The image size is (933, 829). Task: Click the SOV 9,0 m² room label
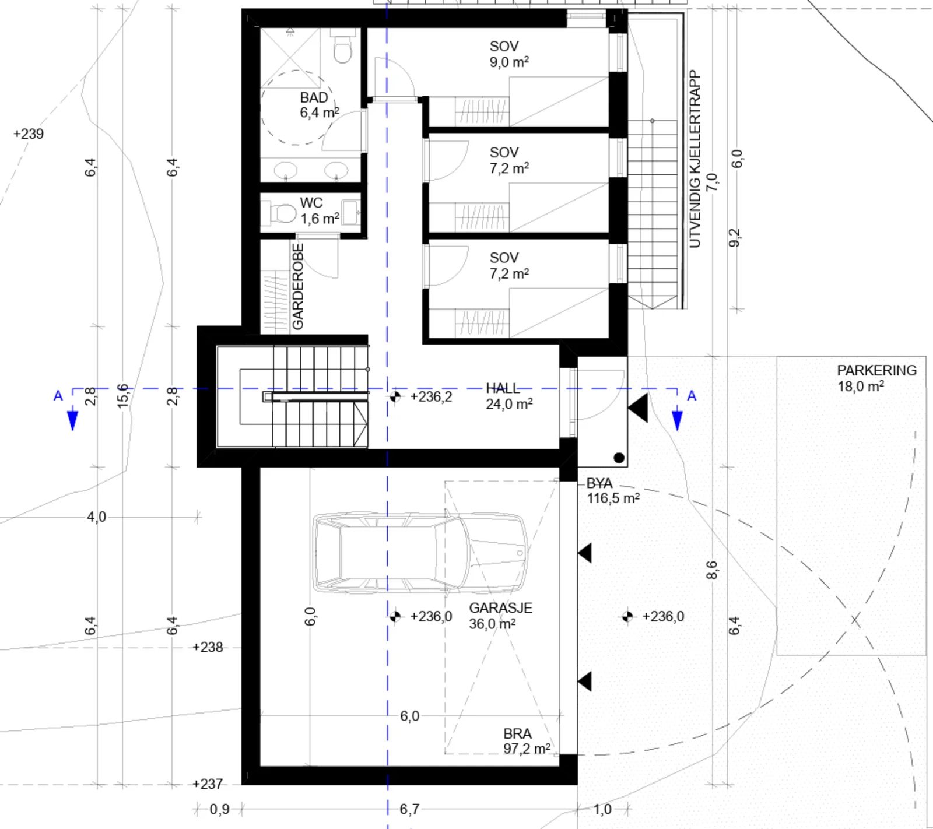coord(509,54)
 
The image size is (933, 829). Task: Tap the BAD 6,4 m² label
coord(319,105)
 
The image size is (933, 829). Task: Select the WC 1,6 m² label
coord(319,211)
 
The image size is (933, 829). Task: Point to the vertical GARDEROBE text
coord(297,286)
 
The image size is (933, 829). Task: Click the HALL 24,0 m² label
coord(509,396)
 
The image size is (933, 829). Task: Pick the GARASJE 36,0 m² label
coord(500,616)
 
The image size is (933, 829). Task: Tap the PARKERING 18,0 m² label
coord(876,378)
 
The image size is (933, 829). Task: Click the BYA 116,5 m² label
coord(613,491)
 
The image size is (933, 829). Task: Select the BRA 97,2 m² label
coord(527,742)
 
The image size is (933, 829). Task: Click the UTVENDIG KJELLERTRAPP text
coord(695,159)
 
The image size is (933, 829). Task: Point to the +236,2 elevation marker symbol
coord(395,396)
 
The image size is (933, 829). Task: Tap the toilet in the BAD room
coord(343,48)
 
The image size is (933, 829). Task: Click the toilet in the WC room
coord(280,212)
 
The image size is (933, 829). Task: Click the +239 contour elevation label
coord(29,134)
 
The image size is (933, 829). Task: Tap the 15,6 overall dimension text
coord(123,396)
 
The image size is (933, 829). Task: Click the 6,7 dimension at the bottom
coord(409,809)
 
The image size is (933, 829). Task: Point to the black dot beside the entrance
coord(619,458)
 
